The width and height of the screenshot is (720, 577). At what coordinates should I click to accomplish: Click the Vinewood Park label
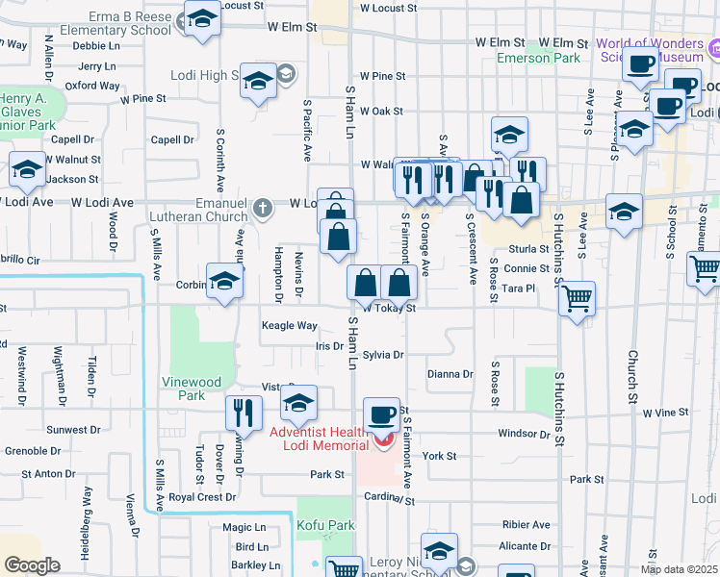click(x=184, y=388)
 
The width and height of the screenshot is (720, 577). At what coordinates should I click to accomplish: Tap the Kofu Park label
click(x=325, y=525)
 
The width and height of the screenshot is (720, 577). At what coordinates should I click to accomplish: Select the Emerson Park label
click(x=539, y=58)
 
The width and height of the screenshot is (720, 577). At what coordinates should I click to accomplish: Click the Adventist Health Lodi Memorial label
click(x=319, y=438)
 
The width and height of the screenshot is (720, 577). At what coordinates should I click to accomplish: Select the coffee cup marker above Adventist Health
click(x=382, y=414)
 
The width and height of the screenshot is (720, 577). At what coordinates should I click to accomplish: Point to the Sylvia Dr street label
click(x=383, y=355)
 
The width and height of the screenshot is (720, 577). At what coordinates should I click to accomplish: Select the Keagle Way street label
click(x=290, y=326)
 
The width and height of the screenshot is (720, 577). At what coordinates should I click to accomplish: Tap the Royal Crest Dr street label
click(x=202, y=497)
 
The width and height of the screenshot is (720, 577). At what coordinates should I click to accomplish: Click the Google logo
click(x=33, y=565)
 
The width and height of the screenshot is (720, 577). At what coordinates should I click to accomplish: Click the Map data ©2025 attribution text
click(x=678, y=569)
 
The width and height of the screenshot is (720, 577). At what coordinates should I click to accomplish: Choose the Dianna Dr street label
click(x=450, y=374)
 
